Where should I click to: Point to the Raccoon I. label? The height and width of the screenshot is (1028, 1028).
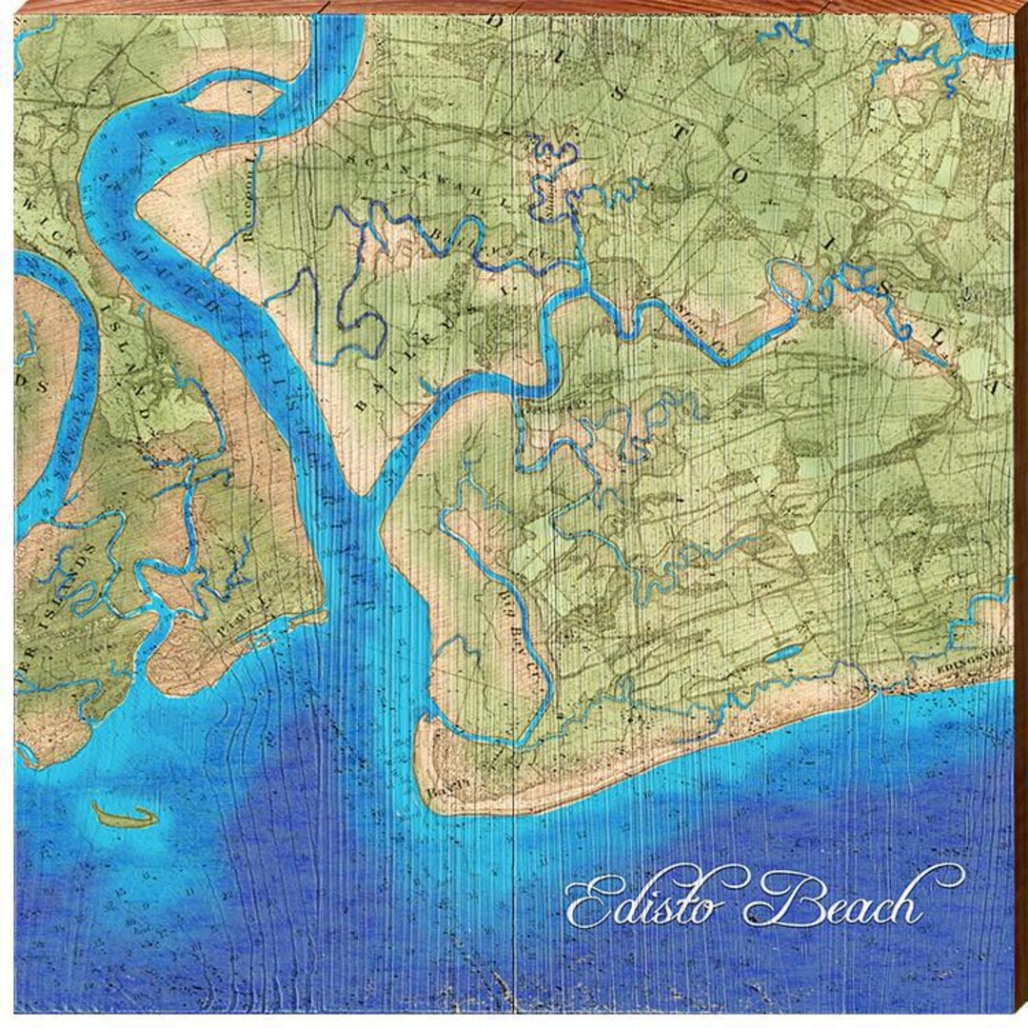pos(250,201)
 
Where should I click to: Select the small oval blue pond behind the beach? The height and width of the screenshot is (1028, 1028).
pos(782,654)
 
